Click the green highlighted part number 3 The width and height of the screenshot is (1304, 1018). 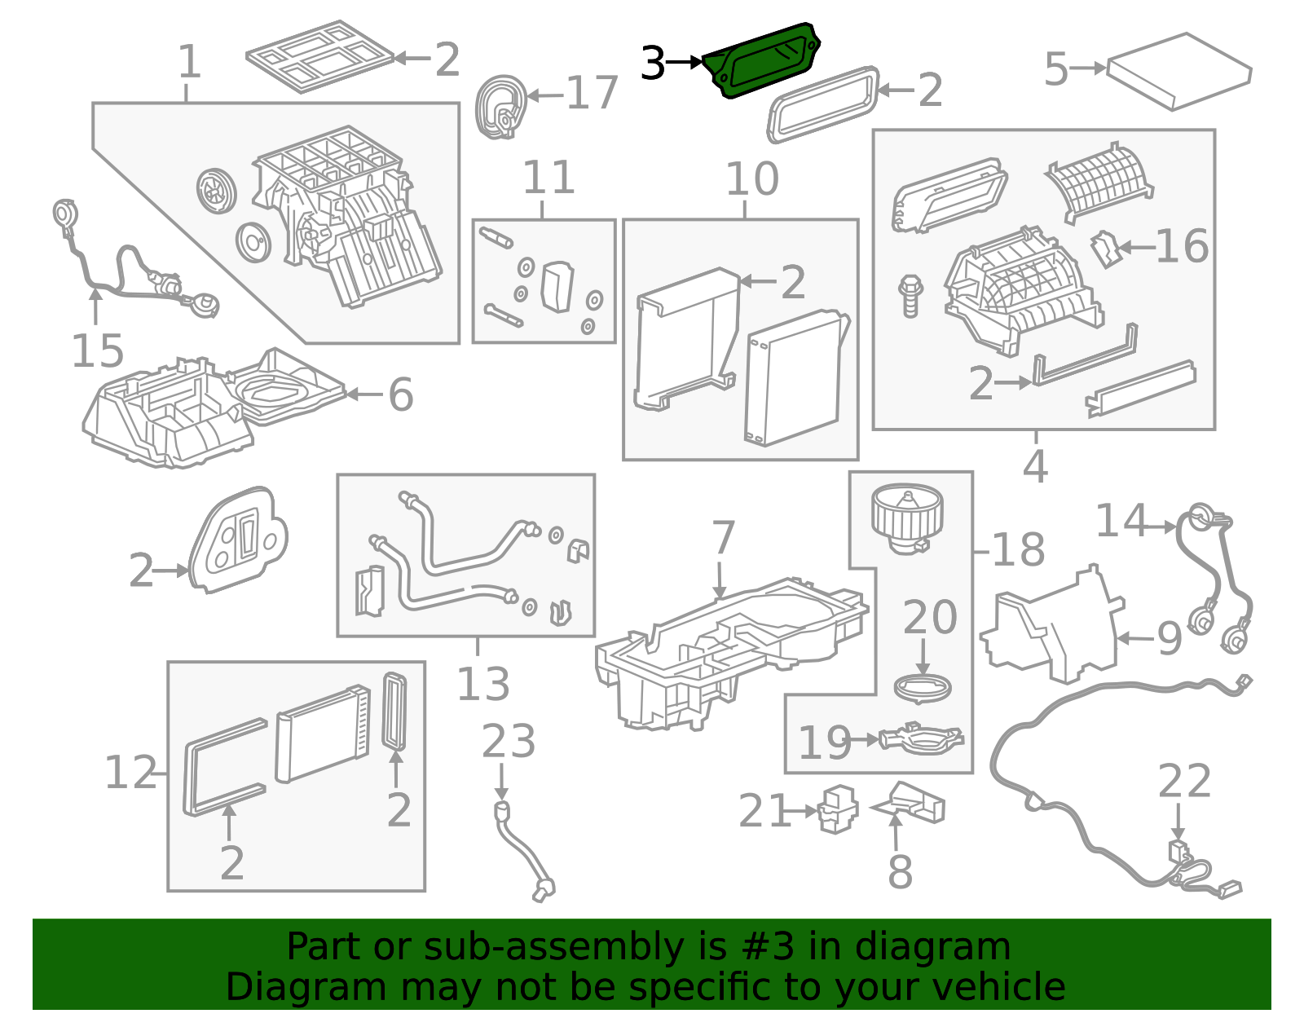tap(761, 60)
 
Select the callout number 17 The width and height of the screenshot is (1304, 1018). tap(592, 93)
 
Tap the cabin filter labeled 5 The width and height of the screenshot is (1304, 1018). tap(1178, 72)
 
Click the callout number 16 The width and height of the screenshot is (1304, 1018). tap(1182, 246)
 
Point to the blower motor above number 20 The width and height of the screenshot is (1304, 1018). tap(907, 519)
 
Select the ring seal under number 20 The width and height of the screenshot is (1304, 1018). tap(923, 687)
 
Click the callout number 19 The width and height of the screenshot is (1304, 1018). tap(825, 742)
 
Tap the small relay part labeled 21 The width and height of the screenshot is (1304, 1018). tap(839, 809)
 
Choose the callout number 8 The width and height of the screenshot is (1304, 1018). tap(900, 871)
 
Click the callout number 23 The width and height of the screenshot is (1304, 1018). tap(509, 742)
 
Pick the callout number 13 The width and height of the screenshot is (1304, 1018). tap(483, 683)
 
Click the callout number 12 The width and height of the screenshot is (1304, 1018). tap(130, 772)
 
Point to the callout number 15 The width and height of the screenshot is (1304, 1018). tap(97, 351)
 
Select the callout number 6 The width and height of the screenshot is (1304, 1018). tap(401, 394)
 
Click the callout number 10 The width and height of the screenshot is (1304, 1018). tap(752, 178)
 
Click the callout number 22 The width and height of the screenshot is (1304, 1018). tap(1184, 781)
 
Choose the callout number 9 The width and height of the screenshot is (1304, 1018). tap(1170, 638)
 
